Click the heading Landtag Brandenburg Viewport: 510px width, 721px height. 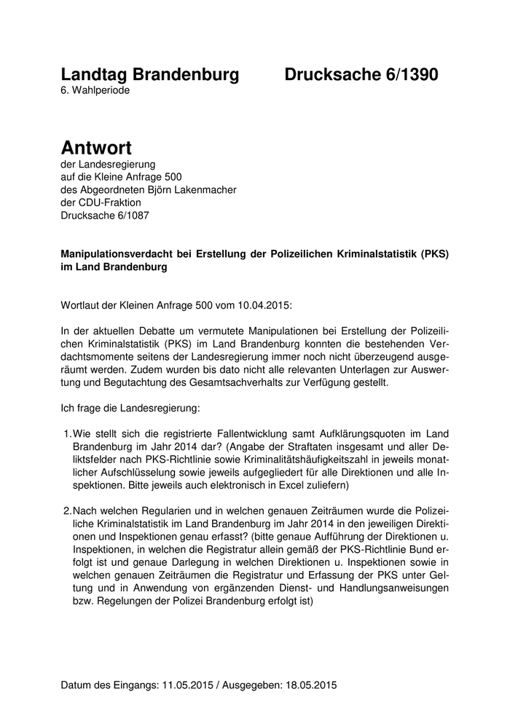pos(149,74)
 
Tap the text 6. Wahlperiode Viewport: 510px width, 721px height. pos(96,91)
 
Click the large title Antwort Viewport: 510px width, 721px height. pos(96,148)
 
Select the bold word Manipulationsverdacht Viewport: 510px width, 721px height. pos(121,254)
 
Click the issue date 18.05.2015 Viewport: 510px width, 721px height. pos(311,685)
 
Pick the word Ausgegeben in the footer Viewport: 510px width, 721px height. pos(250,685)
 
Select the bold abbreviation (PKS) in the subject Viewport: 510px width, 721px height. pos(431,254)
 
